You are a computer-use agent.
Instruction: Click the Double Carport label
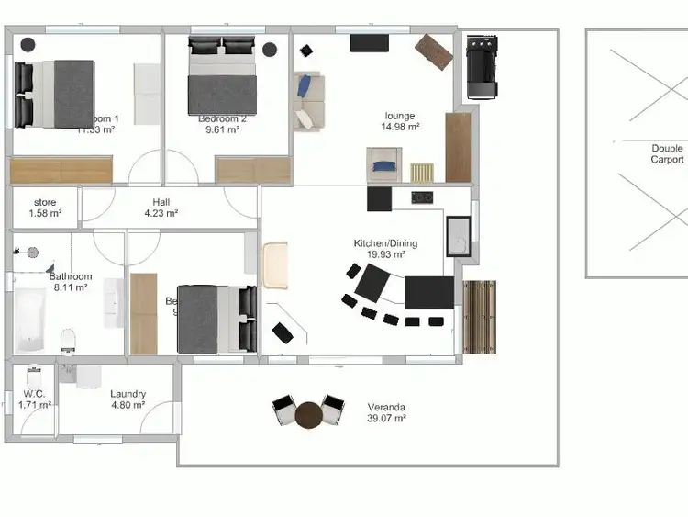point(667,153)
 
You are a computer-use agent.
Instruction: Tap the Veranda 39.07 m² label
point(386,412)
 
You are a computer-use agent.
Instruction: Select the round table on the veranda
point(308,415)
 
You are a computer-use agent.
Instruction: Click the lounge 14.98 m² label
point(400,121)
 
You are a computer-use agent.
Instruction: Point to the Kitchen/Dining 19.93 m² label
point(385,249)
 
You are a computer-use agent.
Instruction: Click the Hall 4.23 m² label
point(161,208)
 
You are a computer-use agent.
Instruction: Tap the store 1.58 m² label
point(45,208)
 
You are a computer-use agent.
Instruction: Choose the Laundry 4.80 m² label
point(128,399)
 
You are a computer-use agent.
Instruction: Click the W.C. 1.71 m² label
point(34,399)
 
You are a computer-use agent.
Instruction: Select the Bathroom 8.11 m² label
point(70,282)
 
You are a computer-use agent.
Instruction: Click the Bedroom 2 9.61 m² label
point(222,124)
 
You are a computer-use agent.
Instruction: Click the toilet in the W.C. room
point(35,377)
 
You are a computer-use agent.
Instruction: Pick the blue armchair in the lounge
point(384,168)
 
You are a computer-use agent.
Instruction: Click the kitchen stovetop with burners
point(422,197)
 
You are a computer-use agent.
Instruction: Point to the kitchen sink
point(458,237)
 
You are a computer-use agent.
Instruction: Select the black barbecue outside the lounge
point(481,66)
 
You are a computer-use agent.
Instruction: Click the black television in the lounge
point(369,42)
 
